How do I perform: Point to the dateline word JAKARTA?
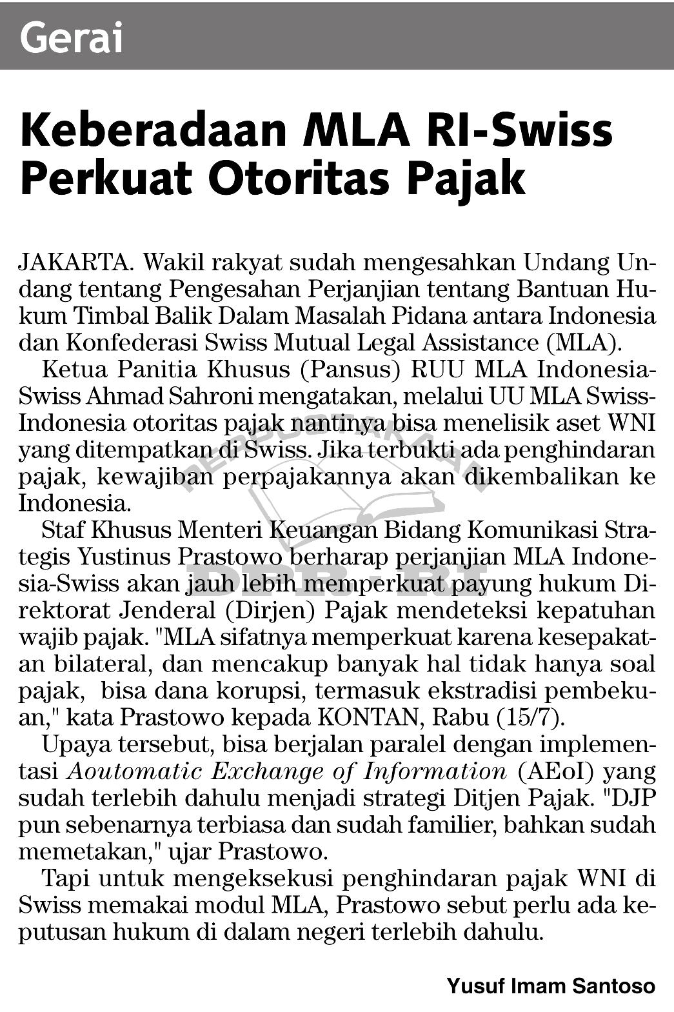(x=76, y=263)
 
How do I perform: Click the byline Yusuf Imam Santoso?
(x=551, y=986)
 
